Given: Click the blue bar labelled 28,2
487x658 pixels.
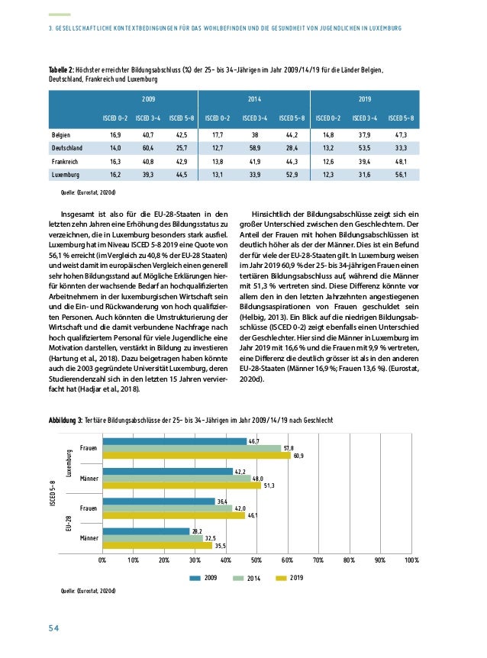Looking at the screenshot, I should [x=146, y=531].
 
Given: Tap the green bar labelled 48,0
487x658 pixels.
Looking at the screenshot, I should [x=176, y=479].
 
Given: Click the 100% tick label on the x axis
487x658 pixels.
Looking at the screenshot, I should [x=412, y=559].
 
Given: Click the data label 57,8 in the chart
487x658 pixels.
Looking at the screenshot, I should [x=289, y=448].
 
